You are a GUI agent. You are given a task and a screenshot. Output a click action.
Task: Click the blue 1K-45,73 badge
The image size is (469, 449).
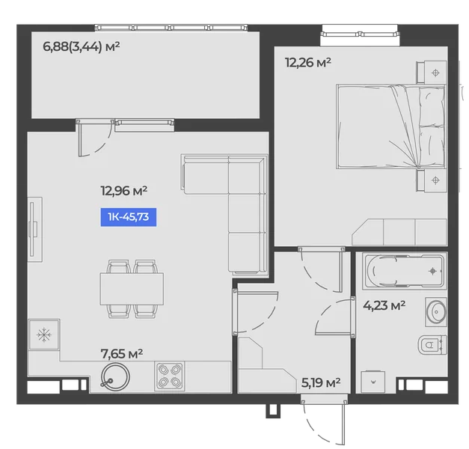coord(129,217)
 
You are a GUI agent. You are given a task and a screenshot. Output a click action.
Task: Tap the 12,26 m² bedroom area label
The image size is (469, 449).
coord(308,63)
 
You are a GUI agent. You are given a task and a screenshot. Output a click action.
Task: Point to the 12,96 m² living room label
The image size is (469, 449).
coord(124,191)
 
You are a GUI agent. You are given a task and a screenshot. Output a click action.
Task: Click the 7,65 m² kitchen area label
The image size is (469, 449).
coord(122,354)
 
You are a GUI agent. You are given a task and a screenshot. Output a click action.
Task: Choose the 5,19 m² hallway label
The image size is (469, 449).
coord(321,382)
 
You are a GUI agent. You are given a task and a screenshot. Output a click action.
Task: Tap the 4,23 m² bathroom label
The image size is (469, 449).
coord(384,305)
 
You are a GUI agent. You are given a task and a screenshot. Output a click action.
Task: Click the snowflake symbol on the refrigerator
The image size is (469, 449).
coord(44,335)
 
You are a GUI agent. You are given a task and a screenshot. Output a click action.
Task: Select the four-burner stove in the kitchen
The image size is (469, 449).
coord(169,376)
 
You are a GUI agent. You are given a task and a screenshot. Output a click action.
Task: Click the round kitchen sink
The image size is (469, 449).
coord(115,377)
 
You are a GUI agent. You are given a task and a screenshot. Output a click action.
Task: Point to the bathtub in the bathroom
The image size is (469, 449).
coord(405,271)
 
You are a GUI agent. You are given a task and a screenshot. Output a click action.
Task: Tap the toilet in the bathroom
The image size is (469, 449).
coord(432,345)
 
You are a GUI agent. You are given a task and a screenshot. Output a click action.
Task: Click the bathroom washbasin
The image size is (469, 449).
coord(436,312)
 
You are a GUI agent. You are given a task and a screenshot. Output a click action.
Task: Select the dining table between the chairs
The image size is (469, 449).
coord(132,289)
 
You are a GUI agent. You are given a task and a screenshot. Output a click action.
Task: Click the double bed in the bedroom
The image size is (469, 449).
coord(390,126)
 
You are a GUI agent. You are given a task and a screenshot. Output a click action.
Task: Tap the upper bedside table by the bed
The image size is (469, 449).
coord(432,72)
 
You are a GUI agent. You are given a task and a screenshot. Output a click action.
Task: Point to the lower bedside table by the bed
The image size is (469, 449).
coord(432,180)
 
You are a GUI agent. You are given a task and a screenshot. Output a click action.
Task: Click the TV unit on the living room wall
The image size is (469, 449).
coord(34,230)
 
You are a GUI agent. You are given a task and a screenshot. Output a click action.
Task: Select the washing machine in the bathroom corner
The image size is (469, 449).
coord(373,382)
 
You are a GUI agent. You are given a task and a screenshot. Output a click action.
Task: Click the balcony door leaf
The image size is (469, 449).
coord(80,138)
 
